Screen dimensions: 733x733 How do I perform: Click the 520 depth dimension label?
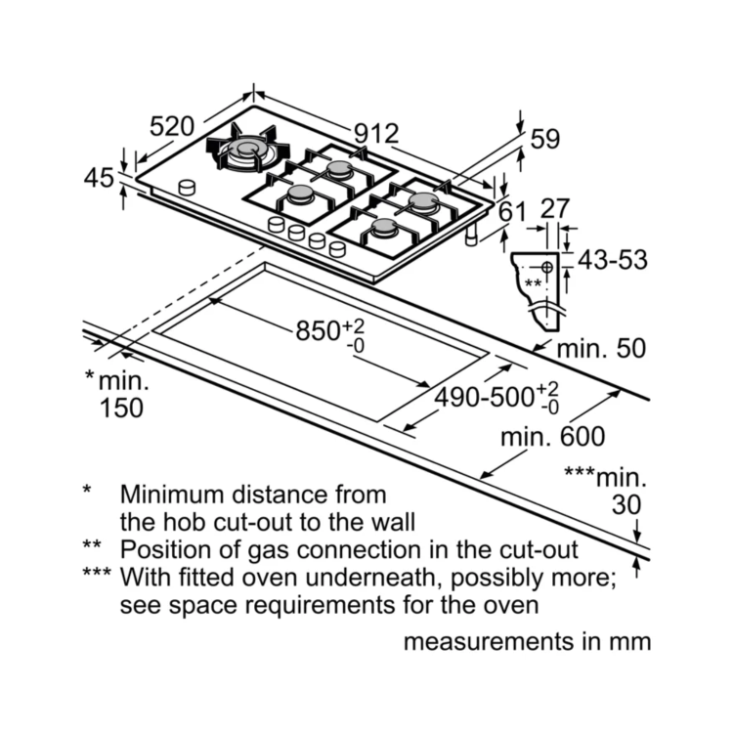pos(172,126)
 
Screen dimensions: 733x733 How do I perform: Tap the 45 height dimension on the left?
pos(99,178)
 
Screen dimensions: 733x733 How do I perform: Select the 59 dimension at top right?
pos(544,139)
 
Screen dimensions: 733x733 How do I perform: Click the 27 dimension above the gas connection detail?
pos(554,209)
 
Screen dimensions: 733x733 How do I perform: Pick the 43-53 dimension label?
pos(613,260)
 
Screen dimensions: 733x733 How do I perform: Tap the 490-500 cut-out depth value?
pos(483,397)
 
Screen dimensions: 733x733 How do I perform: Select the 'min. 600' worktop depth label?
pos(552,436)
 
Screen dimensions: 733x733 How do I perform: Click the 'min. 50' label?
pos(601,348)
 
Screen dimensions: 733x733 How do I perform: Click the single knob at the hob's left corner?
pos(186,186)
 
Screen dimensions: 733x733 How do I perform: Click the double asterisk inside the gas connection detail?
pos(533,282)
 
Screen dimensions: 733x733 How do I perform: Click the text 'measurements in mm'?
pos(526,642)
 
